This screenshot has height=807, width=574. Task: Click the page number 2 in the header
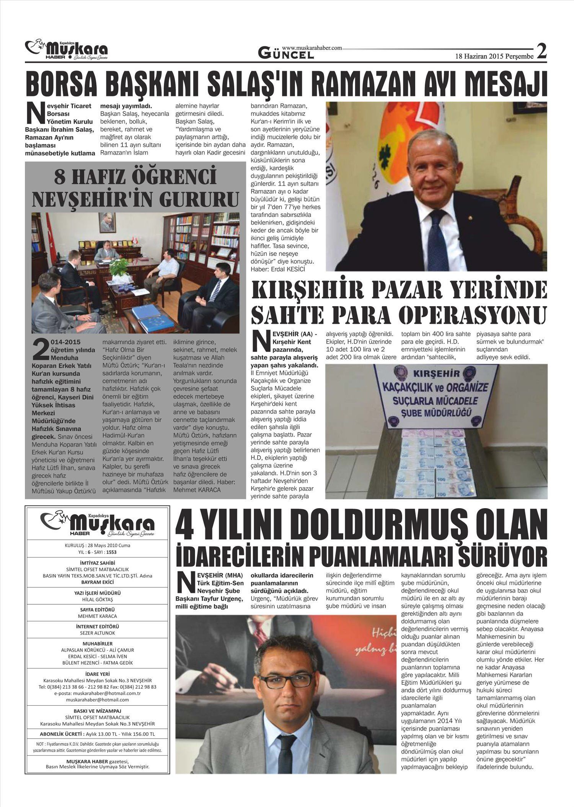(541, 51)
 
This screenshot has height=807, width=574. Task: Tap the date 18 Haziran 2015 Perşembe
(494, 56)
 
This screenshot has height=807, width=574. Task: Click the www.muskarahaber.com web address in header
(311, 48)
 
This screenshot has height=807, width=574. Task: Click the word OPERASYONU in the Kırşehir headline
(473, 315)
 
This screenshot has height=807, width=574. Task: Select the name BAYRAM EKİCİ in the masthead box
(98, 582)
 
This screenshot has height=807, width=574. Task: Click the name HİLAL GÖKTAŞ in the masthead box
(98, 599)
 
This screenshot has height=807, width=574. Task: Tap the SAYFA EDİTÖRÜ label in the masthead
(98, 610)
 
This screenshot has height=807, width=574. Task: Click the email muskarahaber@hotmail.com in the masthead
(98, 700)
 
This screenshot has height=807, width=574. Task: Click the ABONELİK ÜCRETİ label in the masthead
(61, 734)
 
